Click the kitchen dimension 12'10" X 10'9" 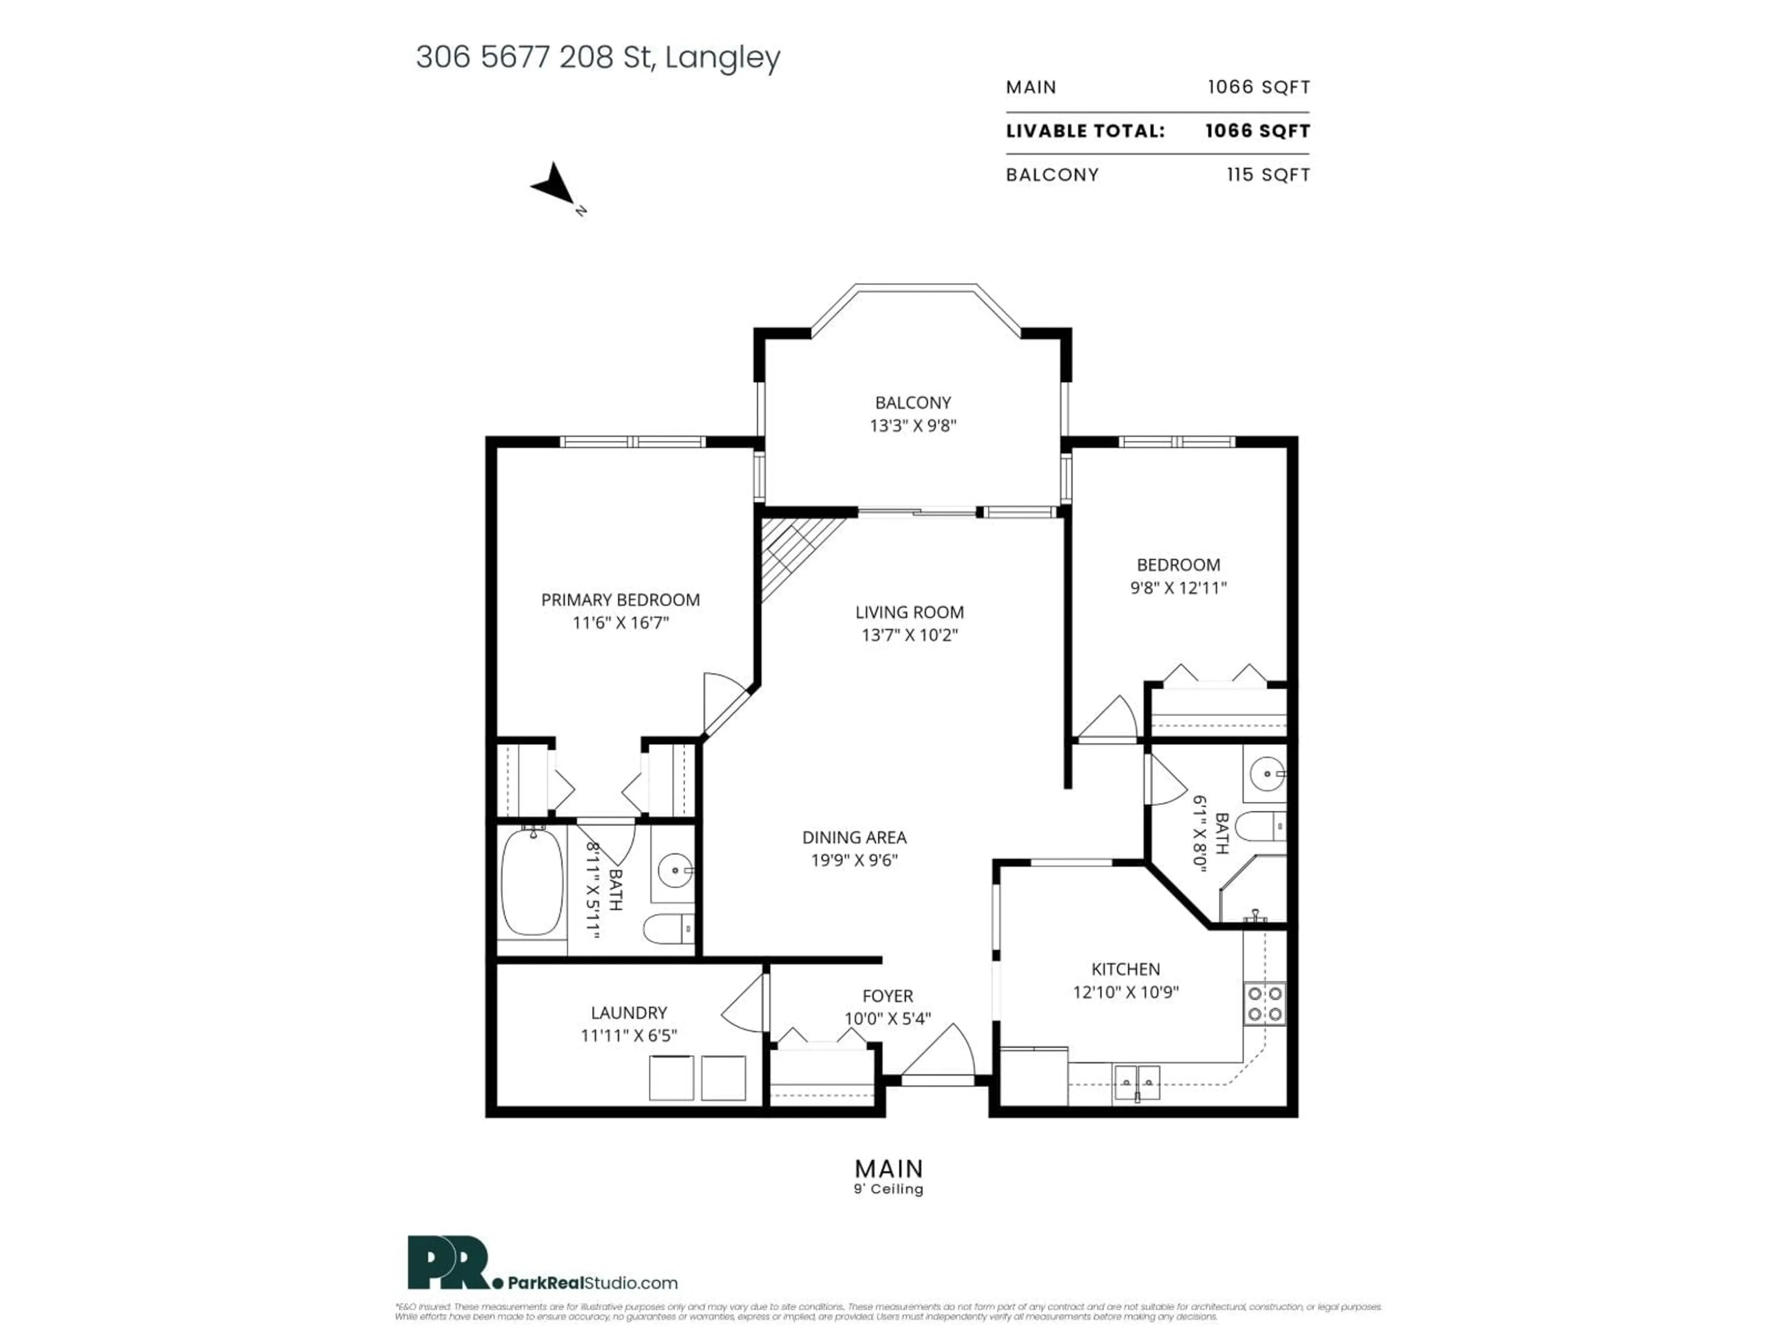point(1125,991)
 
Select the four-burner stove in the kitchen point(1265,1003)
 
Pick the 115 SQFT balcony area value point(1268,174)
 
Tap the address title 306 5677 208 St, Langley point(597,57)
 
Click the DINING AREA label point(854,837)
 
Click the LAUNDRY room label point(629,1012)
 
